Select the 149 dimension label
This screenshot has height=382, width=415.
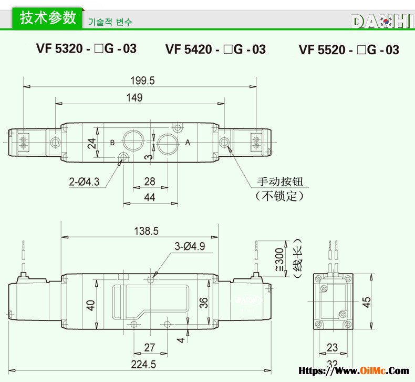coord(134,97)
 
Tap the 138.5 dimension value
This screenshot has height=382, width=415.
coord(147,230)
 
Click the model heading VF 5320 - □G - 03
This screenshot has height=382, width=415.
coord(86,49)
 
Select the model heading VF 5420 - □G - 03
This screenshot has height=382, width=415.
coord(215,49)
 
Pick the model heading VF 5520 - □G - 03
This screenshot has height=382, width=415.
coord(349,50)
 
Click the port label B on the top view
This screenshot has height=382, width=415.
coord(112,143)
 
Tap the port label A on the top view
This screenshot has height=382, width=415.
coord(188,143)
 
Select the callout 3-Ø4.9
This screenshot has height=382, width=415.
coord(190,246)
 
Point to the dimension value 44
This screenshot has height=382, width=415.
coord(149,197)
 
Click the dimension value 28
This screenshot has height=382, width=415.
coord(150,182)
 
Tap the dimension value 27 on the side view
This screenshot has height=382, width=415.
coord(149,347)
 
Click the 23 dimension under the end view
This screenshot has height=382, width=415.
coord(332,347)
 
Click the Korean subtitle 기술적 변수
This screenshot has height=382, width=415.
coord(110,22)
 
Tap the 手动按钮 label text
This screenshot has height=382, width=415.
coord(280,182)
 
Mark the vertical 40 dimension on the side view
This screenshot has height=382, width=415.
coord(91,305)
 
